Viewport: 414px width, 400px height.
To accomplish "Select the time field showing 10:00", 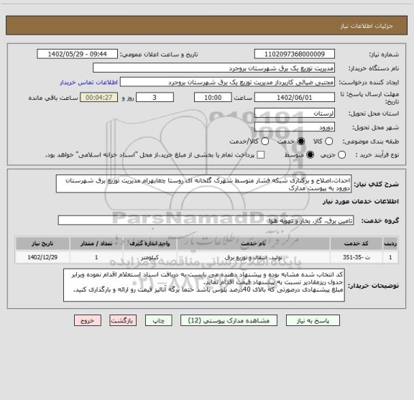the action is coord(203,98).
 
